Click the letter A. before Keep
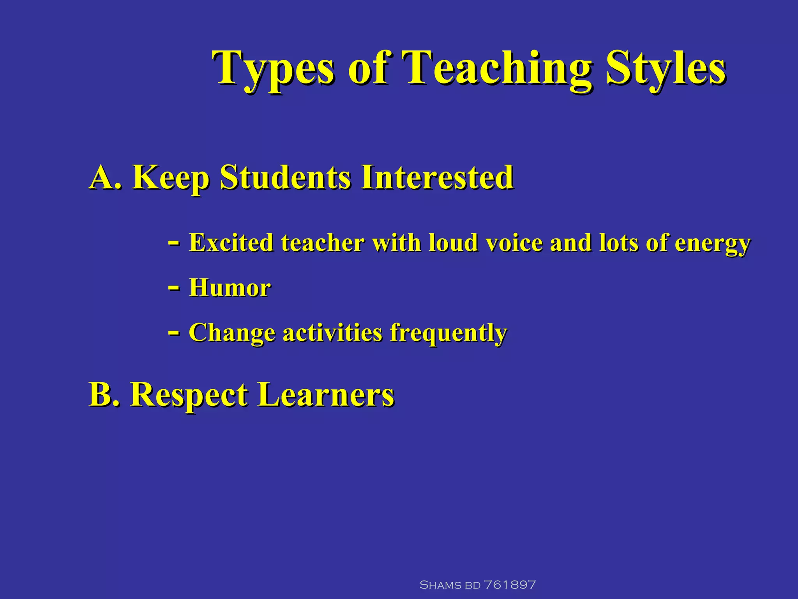point(105,177)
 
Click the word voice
point(514,243)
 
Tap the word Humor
point(230,288)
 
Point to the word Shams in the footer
point(440,585)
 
